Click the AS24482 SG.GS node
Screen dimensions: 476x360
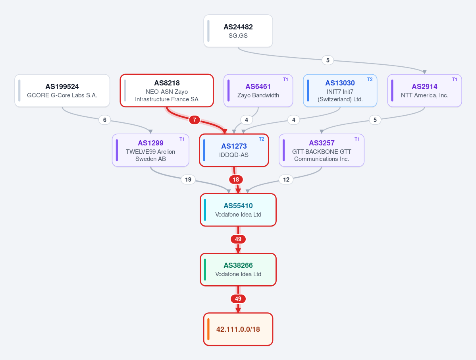coord(238,31)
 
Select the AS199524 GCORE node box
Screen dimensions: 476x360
coord(62,91)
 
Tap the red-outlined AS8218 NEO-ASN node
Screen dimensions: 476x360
coord(167,91)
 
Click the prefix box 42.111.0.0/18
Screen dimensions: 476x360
coord(238,329)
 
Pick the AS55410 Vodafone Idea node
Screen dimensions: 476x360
coord(238,210)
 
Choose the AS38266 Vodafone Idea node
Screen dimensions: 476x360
coord(238,270)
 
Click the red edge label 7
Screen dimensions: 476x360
coord(194,120)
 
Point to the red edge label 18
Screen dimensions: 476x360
coord(236,180)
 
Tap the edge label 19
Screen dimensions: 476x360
coord(188,180)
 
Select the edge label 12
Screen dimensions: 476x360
coord(286,180)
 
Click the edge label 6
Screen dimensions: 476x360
coord(105,120)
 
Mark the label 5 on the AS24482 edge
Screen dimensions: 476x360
coord(328,60)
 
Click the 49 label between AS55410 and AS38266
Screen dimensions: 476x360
coord(238,239)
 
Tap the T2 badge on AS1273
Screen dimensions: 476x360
coord(261,139)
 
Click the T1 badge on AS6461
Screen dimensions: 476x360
coord(286,79)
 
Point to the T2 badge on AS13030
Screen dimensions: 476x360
coord(370,79)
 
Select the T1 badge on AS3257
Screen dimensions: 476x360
coord(357,139)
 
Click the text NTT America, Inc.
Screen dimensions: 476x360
coord(425,95)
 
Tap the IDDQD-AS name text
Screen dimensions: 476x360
coord(234,155)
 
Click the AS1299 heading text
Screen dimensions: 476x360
coord(150,143)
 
